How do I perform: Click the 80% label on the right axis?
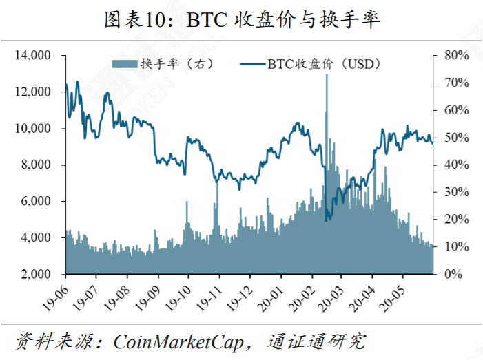point(455,55)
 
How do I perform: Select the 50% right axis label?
point(455,138)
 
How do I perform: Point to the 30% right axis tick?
point(455,192)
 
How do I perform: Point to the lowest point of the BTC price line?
point(327,220)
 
